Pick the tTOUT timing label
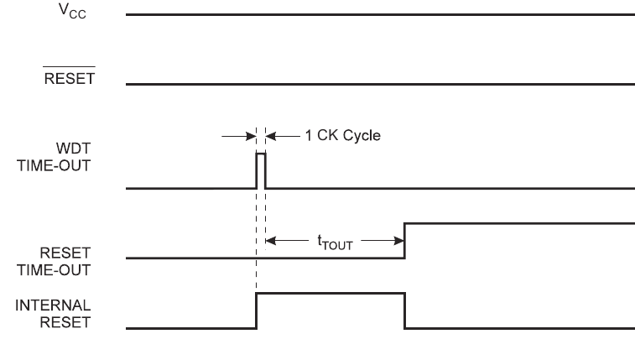pos(336,243)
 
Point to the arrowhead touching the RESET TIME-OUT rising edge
pos(400,243)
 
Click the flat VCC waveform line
pos(377,15)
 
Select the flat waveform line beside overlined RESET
pos(377,84)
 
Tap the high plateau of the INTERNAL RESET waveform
pos(331,293)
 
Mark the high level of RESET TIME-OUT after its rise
pos(520,222)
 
